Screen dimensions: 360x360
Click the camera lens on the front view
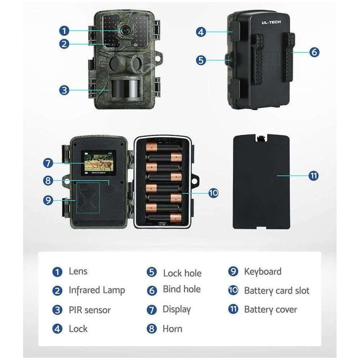point(125,30)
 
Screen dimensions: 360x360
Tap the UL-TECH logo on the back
point(271,22)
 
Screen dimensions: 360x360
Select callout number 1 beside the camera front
point(64,31)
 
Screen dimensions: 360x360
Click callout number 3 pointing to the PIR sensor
point(64,90)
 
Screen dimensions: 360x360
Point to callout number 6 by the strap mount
point(314,52)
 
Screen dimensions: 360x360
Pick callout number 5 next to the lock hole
point(201,60)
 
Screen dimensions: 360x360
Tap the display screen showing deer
point(98,163)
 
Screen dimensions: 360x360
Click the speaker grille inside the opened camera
point(109,189)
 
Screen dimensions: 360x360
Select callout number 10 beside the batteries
point(213,193)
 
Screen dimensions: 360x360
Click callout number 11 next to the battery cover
point(313,176)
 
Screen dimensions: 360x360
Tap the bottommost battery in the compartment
point(164,217)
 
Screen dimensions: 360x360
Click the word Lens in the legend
point(78,271)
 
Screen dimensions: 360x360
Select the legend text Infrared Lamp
point(97,290)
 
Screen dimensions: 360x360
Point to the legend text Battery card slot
point(276,291)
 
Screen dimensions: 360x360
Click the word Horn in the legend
point(172,329)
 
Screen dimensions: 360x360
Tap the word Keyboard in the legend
point(263,272)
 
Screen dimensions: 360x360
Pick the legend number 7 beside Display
point(152,310)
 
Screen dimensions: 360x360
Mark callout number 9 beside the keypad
point(48,200)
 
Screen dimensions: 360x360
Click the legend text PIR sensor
point(90,310)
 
